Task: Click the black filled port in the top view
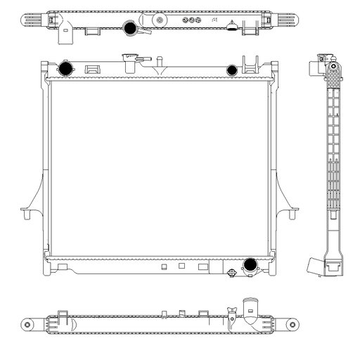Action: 129,29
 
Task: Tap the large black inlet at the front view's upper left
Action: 65,69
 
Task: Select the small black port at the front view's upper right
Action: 232,69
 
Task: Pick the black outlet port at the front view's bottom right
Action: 249,265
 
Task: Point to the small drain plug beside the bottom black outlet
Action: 231,273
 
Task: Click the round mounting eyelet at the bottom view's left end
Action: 27,325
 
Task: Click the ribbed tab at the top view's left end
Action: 34,20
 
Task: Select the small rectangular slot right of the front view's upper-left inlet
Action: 91,69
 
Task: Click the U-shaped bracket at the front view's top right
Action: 248,65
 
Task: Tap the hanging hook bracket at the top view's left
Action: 67,30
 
